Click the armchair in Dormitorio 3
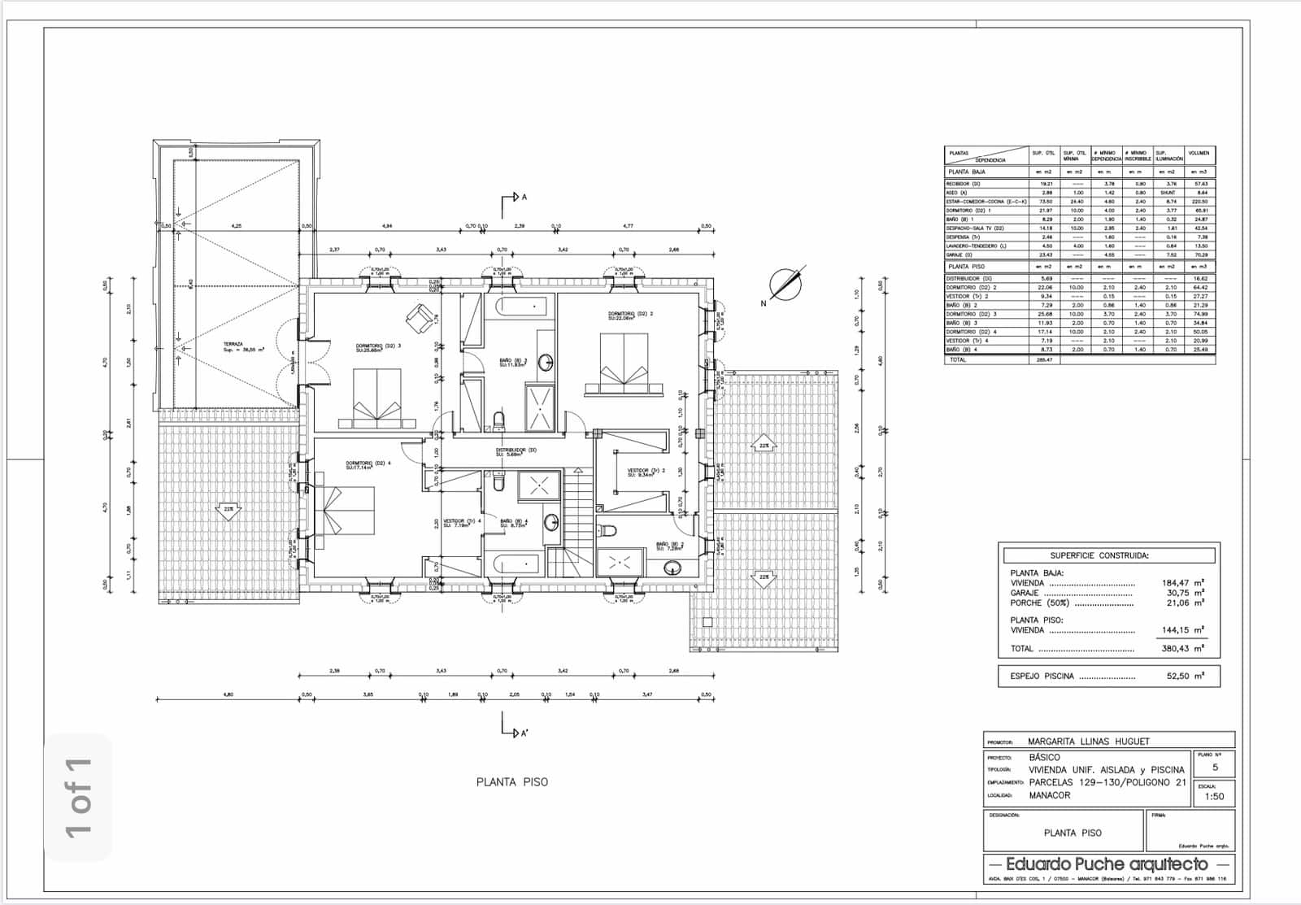point(420,318)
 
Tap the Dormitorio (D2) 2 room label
point(631,314)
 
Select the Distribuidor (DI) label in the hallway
point(516,451)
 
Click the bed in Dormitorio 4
point(349,511)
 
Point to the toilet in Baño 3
point(499,420)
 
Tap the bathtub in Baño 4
point(511,563)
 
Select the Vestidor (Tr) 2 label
point(646,472)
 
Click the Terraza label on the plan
point(233,346)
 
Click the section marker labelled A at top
point(516,198)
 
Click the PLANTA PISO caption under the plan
point(512,782)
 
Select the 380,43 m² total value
point(1182,649)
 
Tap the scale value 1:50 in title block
point(1214,796)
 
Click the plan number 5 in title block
point(1216,767)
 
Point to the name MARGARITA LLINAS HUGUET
point(1089,742)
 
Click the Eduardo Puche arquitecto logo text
point(1107,864)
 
